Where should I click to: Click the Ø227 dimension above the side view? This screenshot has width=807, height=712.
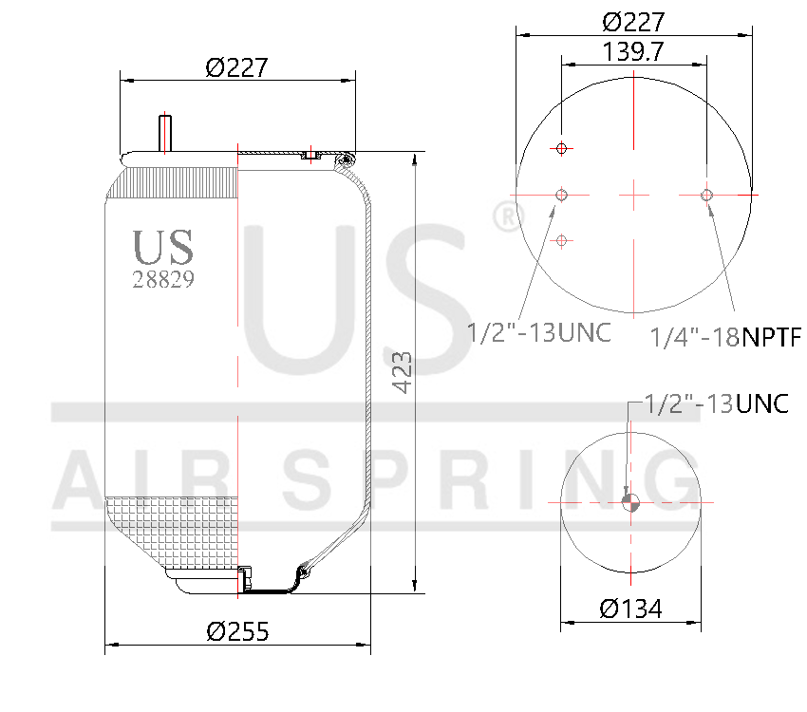coord(236,67)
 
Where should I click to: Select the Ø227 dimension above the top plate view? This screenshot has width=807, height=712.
coord(633,21)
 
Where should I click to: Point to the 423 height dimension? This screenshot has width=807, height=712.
coord(402,372)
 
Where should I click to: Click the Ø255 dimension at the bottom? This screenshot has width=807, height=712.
coord(237,630)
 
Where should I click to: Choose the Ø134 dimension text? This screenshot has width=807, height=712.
coord(630,609)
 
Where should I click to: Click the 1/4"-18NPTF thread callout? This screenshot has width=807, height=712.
coord(725,336)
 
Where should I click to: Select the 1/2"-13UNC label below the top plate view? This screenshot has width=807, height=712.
coord(538,332)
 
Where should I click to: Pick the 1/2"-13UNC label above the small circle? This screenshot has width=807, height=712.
coord(716,403)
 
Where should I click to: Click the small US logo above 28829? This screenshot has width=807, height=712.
coord(163,247)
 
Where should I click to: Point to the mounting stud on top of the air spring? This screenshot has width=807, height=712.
coord(165,132)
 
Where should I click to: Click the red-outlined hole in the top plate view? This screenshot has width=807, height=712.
coord(562,148)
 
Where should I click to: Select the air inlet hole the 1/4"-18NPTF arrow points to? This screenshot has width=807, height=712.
coord(706,196)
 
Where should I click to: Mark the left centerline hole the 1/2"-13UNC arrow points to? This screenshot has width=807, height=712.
coord(562,196)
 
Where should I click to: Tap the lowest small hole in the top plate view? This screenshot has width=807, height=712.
coord(562,241)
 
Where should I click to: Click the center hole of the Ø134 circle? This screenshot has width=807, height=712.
coord(631,502)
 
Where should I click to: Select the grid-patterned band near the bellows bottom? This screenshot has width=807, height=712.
coord(171,532)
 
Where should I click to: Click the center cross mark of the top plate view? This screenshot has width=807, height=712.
coord(633,196)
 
